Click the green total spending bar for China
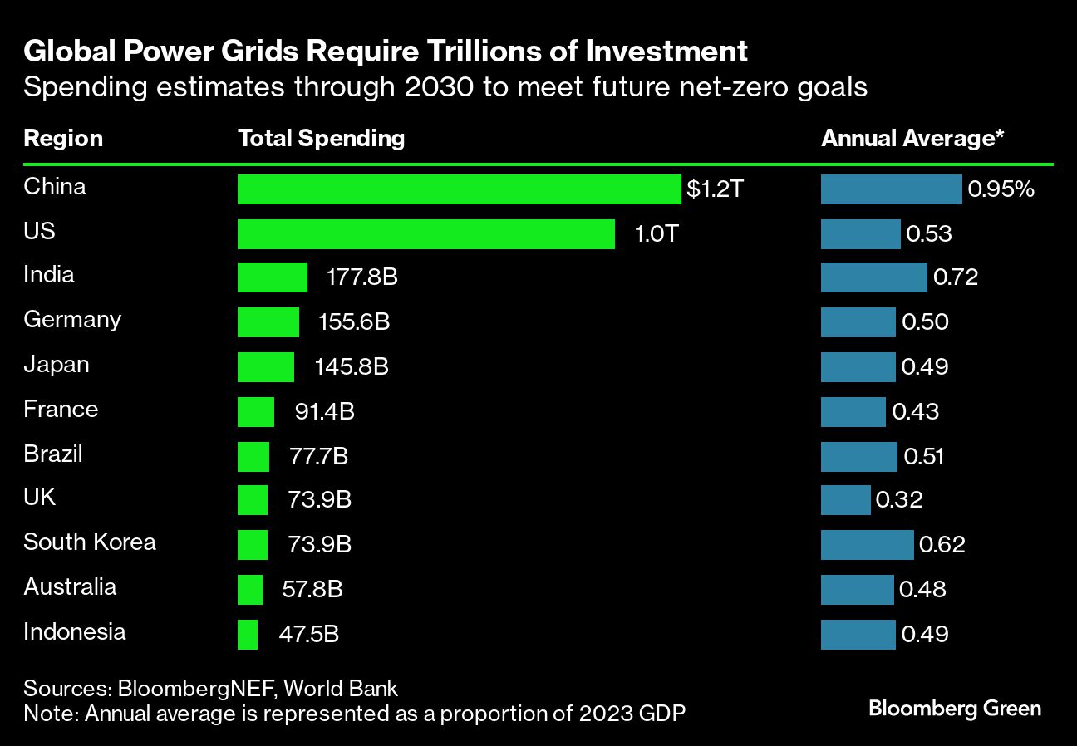point(459,189)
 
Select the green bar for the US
point(425,234)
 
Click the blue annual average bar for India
point(873,277)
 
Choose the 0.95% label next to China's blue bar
point(1001,189)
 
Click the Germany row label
point(72,320)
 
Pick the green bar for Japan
point(266,366)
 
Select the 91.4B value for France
point(324,411)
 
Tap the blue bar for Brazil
point(858,457)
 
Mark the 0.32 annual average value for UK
point(898,500)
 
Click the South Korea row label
point(90,542)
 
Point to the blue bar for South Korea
point(867,545)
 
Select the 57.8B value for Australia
point(312,589)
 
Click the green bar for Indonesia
point(248,635)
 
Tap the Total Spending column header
point(322,138)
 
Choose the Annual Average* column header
point(912,138)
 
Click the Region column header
point(63,138)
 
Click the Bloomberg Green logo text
point(954,709)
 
